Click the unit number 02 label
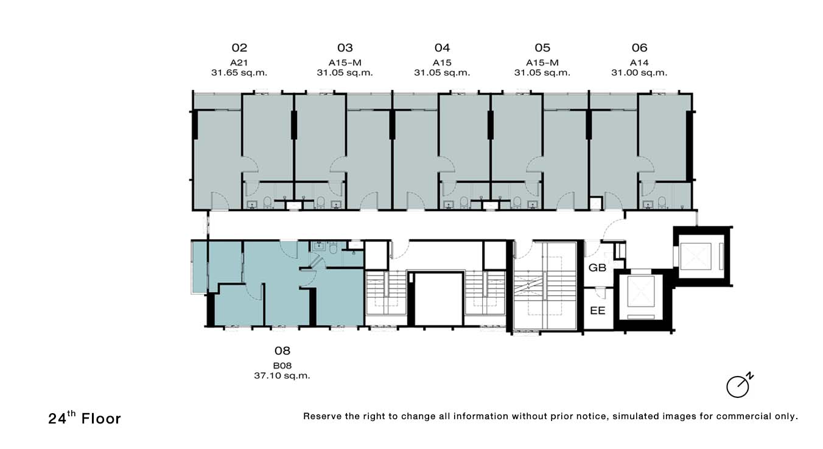click(x=239, y=47)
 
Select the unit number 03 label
click(x=345, y=47)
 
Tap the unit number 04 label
click(x=442, y=47)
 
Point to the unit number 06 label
click(x=639, y=47)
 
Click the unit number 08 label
click(x=282, y=351)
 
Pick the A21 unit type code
click(x=239, y=63)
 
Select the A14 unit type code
click(x=639, y=63)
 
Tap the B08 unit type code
click(x=282, y=366)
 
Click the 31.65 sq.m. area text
click(x=239, y=72)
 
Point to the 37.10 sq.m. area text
click(x=282, y=376)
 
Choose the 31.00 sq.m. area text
click(x=639, y=72)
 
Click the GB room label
click(x=597, y=268)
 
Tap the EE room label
click(x=597, y=311)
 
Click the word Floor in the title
click(x=101, y=419)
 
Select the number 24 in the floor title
click(x=57, y=419)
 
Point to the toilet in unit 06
click(x=662, y=201)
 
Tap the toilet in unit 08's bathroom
click(x=333, y=249)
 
